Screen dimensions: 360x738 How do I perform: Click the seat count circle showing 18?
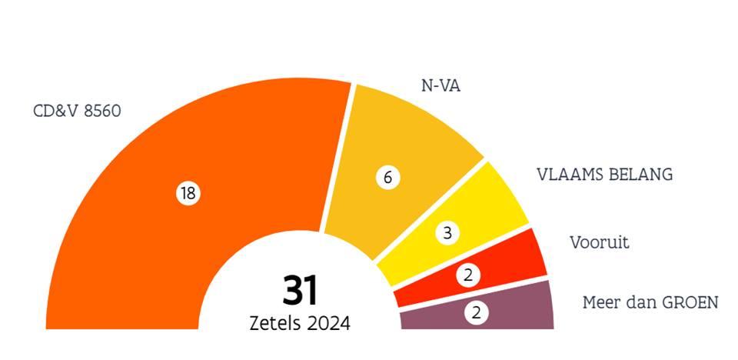tap(188, 194)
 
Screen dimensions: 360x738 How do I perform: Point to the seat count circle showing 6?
tap(387, 178)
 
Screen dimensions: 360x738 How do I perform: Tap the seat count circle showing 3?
tap(447, 233)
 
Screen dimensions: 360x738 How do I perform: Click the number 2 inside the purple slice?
tap(477, 312)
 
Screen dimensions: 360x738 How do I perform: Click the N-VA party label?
tap(441, 85)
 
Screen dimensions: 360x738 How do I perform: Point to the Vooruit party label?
tap(599, 243)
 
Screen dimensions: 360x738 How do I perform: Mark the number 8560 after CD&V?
tap(103, 112)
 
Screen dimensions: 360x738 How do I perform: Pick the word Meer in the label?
tap(600, 302)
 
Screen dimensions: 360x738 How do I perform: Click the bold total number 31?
tap(300, 290)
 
